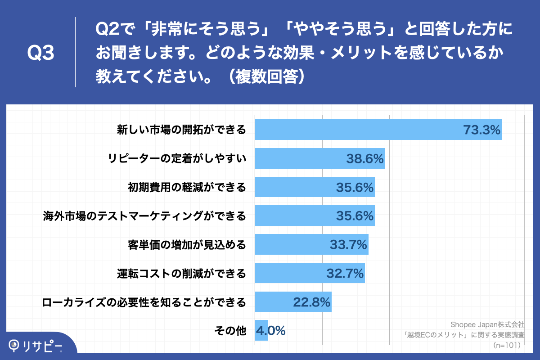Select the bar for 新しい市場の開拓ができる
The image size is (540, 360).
click(x=360, y=130)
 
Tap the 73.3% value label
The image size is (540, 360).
click(x=482, y=130)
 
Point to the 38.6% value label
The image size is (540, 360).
click(x=364, y=158)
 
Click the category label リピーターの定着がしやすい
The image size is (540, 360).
click(x=177, y=158)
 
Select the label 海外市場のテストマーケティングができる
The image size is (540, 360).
click(x=144, y=216)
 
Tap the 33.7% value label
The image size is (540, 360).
click(x=349, y=245)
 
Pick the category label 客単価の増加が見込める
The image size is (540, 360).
click(x=187, y=245)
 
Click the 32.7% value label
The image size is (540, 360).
click(x=345, y=273)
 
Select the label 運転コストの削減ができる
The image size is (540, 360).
click(x=182, y=273)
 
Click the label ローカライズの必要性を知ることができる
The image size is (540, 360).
click(x=144, y=302)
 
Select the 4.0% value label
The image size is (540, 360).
click(x=270, y=331)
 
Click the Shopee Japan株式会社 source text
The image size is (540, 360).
click(x=487, y=324)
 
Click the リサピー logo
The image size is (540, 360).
click(x=36, y=346)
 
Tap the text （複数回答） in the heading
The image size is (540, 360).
click(x=268, y=76)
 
